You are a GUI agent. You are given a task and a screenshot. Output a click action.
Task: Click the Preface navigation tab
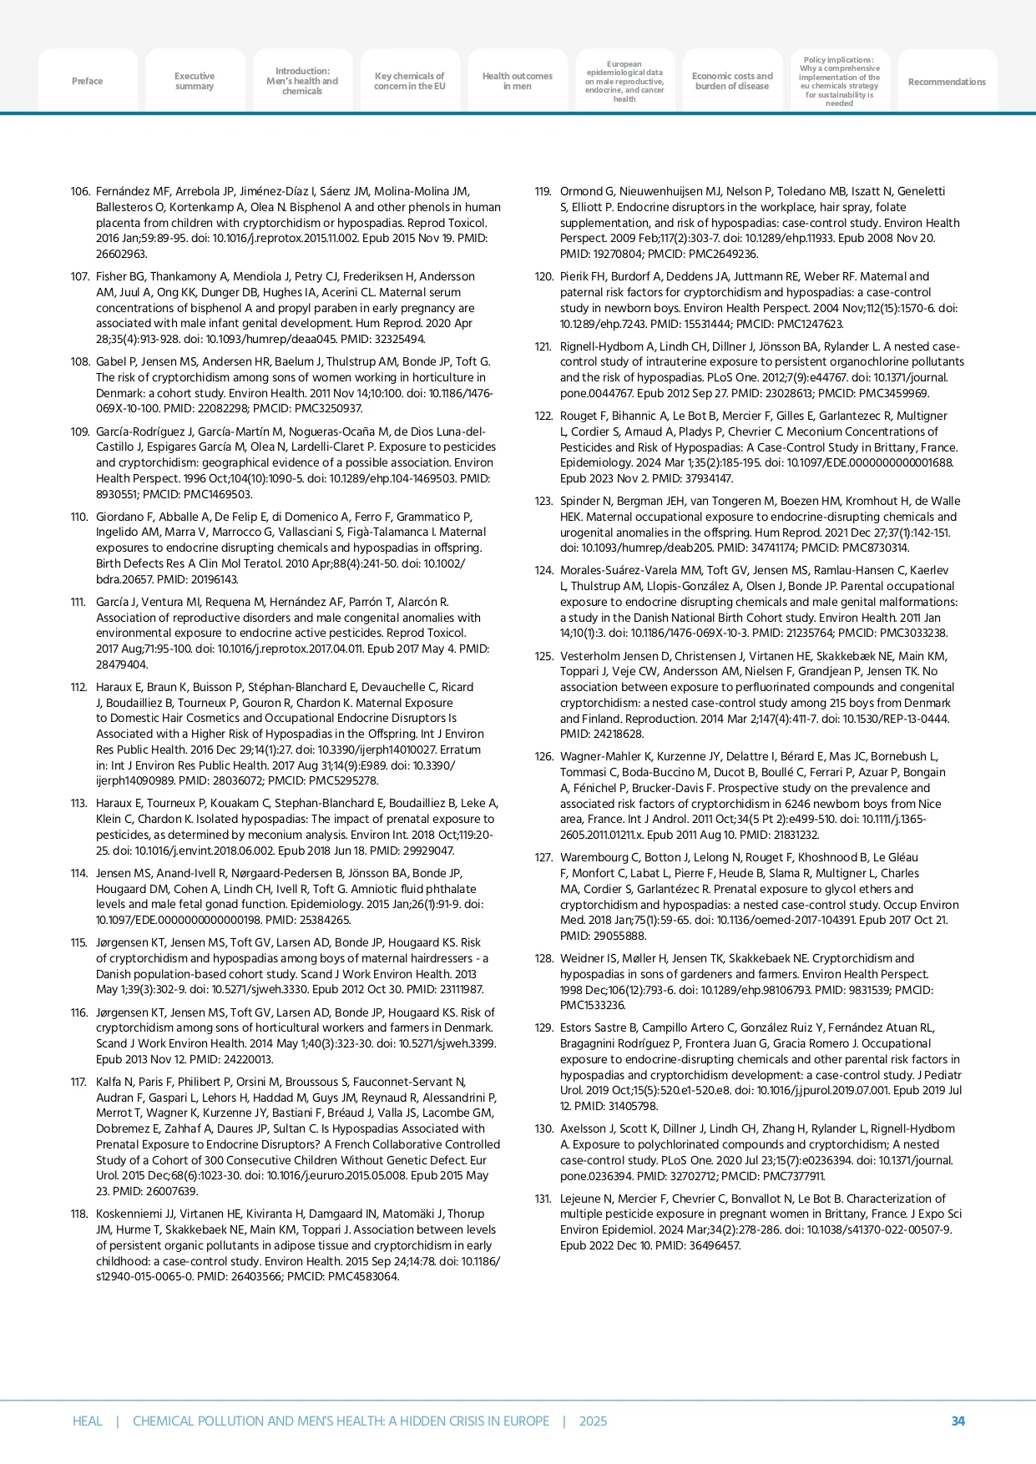click(87, 81)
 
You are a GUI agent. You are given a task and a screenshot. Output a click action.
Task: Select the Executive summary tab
click(195, 81)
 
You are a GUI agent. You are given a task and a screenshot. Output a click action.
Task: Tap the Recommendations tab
click(947, 82)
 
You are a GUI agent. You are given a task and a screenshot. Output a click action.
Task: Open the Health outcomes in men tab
click(517, 81)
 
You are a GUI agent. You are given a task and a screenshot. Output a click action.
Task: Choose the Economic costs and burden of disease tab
click(732, 81)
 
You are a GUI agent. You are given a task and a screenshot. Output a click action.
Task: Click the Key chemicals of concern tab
click(409, 81)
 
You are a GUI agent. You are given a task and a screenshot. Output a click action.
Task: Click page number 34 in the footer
click(958, 1421)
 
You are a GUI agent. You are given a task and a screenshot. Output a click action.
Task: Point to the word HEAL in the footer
click(87, 1421)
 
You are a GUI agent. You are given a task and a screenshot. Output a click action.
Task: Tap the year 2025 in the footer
click(593, 1421)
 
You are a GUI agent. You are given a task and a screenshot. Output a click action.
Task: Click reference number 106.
click(80, 192)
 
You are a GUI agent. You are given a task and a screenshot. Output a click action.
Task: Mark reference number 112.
click(80, 687)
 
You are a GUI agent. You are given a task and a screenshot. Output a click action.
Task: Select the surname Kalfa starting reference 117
click(109, 1082)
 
